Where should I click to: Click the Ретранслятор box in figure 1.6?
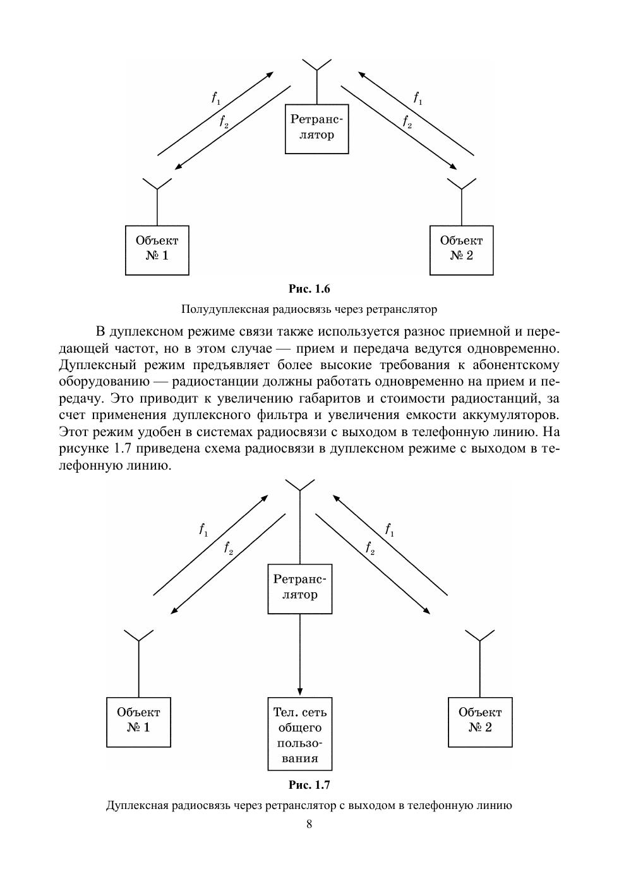pyautogui.click(x=316, y=128)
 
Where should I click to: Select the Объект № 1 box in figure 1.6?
pyautogui.click(x=157, y=250)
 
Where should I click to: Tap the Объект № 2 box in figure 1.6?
pyautogui.click(x=461, y=250)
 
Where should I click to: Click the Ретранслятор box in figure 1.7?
pyautogui.click(x=299, y=588)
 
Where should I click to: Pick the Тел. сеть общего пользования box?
pyautogui.click(x=299, y=734)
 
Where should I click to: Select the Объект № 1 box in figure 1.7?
pyautogui.click(x=138, y=722)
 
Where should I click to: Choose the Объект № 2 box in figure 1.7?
pyautogui.click(x=480, y=722)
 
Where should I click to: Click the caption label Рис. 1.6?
pyautogui.click(x=309, y=289)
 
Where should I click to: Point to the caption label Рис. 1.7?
pyautogui.click(x=309, y=785)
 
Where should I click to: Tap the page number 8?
pyautogui.click(x=309, y=824)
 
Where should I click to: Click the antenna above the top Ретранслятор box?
pyautogui.click(x=316, y=65)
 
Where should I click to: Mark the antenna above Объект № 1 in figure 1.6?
pyautogui.click(x=157, y=185)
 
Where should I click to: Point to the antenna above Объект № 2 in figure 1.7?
pyautogui.click(x=480, y=635)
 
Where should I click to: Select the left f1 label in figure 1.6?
pyautogui.click(x=216, y=98)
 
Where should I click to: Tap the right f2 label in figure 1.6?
pyautogui.click(x=407, y=121)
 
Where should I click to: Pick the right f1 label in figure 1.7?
pyautogui.click(x=390, y=530)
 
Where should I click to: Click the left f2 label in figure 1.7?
pyautogui.click(x=229, y=548)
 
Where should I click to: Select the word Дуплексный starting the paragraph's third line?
pyautogui.click(x=90, y=365)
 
